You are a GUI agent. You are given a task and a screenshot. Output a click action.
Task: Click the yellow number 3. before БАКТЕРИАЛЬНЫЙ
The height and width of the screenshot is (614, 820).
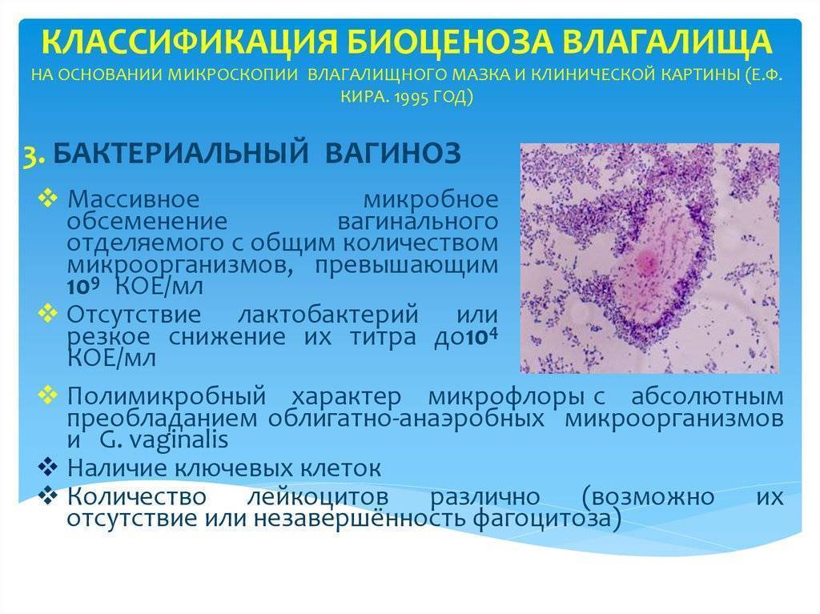click(34, 155)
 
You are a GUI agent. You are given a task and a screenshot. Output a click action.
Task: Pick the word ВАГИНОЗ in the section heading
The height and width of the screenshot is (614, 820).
click(392, 153)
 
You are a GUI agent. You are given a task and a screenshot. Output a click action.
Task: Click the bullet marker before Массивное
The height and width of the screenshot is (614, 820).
click(47, 199)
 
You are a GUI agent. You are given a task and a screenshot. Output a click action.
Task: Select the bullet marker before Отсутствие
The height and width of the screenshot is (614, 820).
click(47, 314)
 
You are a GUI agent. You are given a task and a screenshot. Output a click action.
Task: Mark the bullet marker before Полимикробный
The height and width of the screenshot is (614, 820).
click(47, 395)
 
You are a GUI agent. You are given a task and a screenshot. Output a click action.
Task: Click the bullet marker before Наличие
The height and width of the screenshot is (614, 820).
click(47, 467)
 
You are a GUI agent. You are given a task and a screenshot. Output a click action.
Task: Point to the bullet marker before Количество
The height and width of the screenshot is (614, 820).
click(47, 495)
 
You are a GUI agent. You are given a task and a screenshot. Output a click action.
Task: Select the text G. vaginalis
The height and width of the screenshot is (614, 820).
click(163, 439)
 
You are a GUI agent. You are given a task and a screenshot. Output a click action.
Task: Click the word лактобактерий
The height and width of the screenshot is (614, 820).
click(328, 315)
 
